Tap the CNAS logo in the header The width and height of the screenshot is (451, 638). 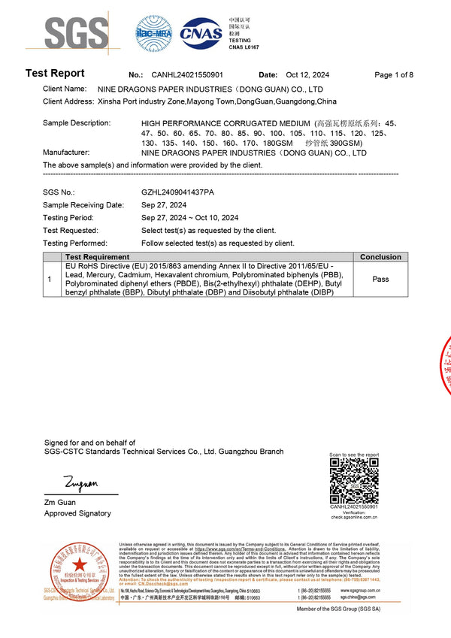tap(202, 35)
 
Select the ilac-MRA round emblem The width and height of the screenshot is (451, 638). tap(154, 34)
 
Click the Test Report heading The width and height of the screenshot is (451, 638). tap(55, 74)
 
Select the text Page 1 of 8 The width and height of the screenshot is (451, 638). tap(394, 75)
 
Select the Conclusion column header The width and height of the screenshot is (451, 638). tap(380, 257)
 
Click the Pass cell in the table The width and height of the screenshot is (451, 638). tap(380, 279)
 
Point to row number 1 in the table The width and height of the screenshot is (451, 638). tap(50, 280)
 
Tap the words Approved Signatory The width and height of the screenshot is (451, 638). tap(77, 513)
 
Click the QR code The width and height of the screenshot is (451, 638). tap(354, 481)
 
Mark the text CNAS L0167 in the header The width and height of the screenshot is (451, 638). tap(244, 47)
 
